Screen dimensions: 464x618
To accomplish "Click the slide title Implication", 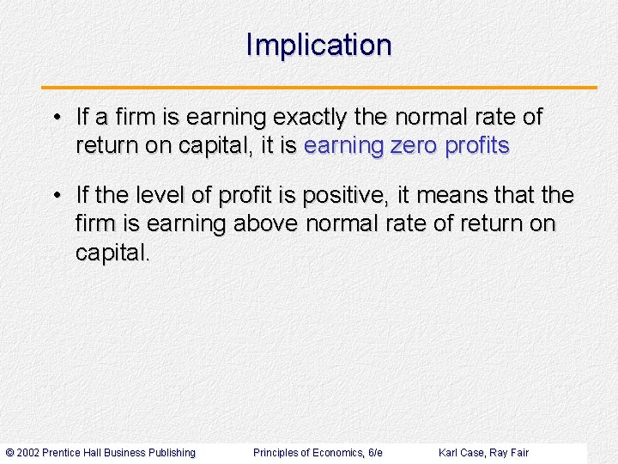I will (x=318, y=45).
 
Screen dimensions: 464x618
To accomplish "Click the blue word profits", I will (x=476, y=146).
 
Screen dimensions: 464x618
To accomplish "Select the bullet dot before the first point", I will (x=54, y=118).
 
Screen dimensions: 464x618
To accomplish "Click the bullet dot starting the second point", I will (x=54, y=197).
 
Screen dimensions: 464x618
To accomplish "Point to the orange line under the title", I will (x=318, y=88).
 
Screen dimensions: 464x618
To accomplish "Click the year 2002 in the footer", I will (x=28, y=453).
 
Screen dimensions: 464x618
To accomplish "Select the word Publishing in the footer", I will (x=172, y=453).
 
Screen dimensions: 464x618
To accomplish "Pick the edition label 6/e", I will (x=374, y=453).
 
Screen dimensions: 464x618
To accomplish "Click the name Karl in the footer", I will (x=448, y=453).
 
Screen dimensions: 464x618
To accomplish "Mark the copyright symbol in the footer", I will (x=9, y=453).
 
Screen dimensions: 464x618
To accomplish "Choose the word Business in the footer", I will (x=124, y=453).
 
